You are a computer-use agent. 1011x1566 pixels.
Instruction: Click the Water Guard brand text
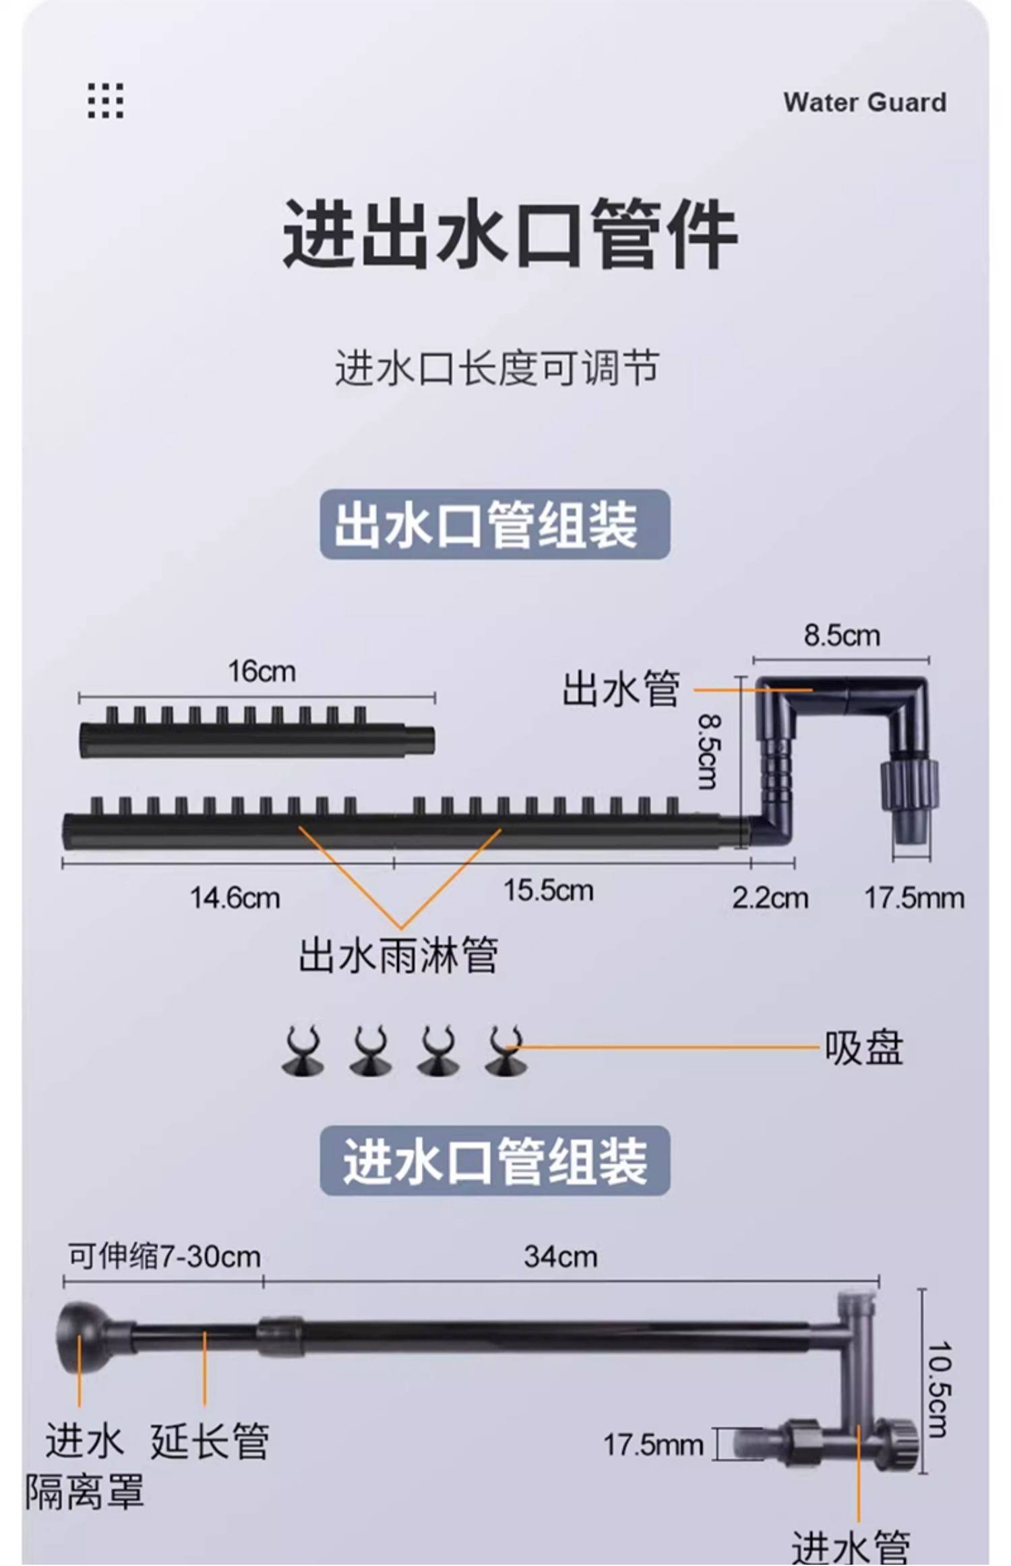pos(864,103)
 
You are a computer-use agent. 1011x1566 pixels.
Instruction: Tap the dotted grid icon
pos(106,100)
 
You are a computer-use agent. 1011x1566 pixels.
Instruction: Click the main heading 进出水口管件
pos(510,233)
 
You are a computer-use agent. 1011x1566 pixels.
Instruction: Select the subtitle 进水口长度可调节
pos(497,368)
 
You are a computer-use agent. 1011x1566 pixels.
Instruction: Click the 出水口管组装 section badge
pos(494,525)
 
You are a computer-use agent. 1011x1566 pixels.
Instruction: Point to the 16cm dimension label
pos(262,671)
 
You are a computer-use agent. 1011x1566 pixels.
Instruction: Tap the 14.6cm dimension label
pos(235,898)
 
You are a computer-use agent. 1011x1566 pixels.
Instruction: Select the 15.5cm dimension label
pos(548,890)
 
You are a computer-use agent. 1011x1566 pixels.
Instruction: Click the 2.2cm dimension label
pos(770,898)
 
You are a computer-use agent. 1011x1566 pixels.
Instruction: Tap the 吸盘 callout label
pos(863,1048)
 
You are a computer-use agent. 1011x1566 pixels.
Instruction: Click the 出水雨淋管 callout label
pos(398,955)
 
